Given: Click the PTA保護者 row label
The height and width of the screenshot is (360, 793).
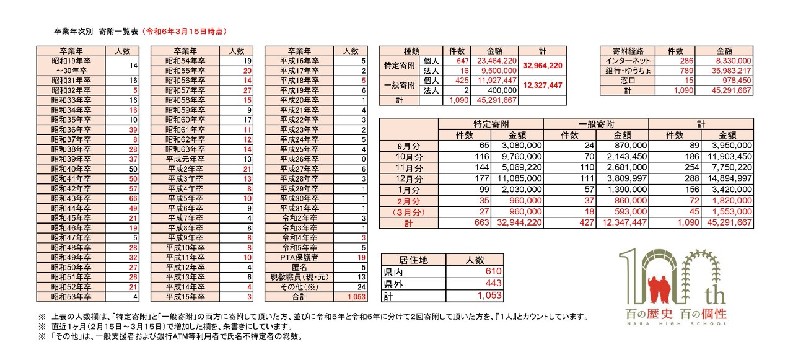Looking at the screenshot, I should tap(299, 257).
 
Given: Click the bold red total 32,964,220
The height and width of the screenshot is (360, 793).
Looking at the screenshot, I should tap(542, 66).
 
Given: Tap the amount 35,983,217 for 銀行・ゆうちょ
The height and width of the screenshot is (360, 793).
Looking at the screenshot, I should tap(732, 71).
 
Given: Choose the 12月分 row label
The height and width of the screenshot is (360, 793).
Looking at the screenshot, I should tap(410, 178).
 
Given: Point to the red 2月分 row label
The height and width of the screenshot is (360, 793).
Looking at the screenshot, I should tap(410, 201).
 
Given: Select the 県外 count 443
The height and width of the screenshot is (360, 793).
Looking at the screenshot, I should tap(489, 283).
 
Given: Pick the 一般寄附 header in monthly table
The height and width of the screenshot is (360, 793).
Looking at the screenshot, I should tap(595, 123).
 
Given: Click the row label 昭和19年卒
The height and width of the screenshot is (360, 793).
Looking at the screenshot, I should tap(71, 61).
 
